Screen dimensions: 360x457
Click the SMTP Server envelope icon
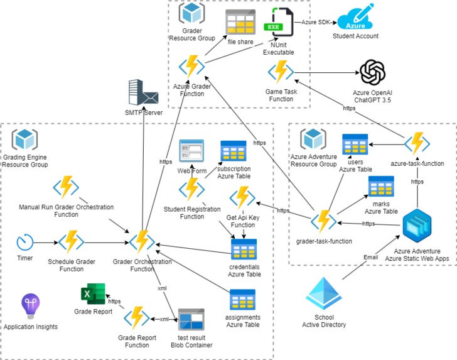tap(143, 93)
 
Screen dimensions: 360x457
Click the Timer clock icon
tap(25, 242)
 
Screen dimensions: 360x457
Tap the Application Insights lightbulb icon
tap(30, 307)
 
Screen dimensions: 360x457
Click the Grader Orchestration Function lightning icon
tap(142, 241)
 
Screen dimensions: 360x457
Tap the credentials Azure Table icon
tap(244, 249)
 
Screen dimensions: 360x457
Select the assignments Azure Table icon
tap(242, 300)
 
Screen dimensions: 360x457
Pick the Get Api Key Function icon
tap(242, 198)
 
